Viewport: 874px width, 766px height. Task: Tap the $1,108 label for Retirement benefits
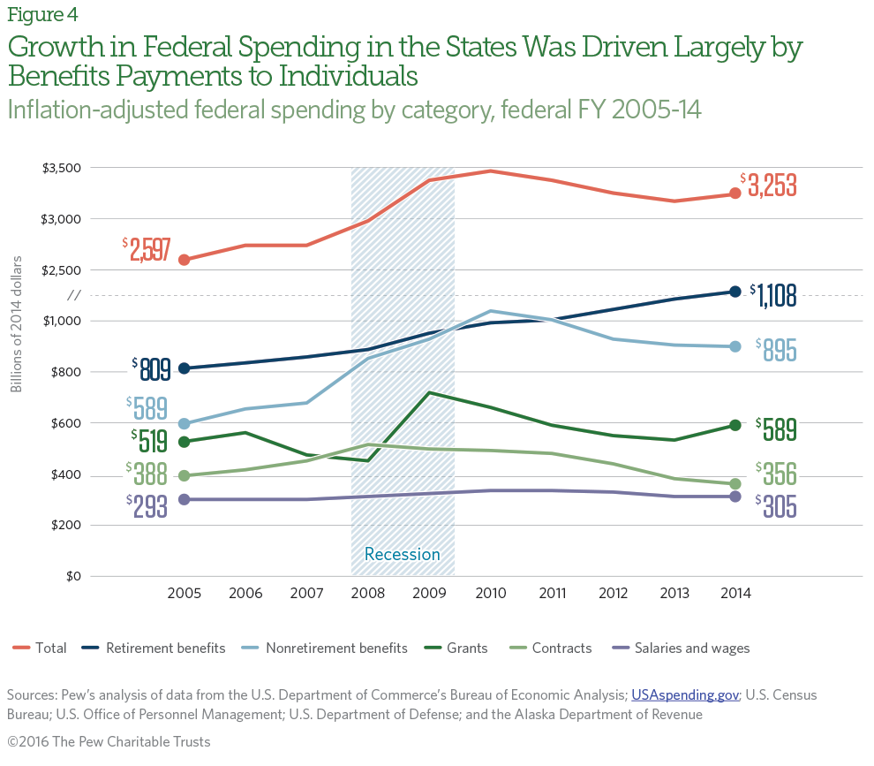pyautogui.click(x=774, y=294)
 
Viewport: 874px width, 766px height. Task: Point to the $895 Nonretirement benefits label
pyautogui.click(x=777, y=350)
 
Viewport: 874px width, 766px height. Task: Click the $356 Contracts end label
pyautogui.click(x=777, y=474)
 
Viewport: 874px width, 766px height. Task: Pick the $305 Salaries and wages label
pyautogui.click(x=777, y=506)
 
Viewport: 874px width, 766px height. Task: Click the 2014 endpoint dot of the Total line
pyautogui.click(x=735, y=194)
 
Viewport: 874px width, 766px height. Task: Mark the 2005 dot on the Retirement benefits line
pyautogui.click(x=184, y=368)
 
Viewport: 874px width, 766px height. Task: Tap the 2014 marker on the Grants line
pyautogui.click(x=735, y=426)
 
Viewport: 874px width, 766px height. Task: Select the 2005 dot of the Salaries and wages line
pyautogui.click(x=184, y=499)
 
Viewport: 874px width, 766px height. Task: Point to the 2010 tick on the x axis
pyautogui.click(x=491, y=594)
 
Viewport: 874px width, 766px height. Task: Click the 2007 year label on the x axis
pyautogui.click(x=306, y=594)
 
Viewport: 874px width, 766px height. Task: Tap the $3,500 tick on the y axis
pyautogui.click(x=62, y=168)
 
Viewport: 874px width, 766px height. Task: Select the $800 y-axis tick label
pyautogui.click(x=65, y=372)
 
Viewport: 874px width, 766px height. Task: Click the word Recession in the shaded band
pyautogui.click(x=402, y=555)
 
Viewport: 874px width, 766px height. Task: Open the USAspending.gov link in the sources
pyautogui.click(x=685, y=695)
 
